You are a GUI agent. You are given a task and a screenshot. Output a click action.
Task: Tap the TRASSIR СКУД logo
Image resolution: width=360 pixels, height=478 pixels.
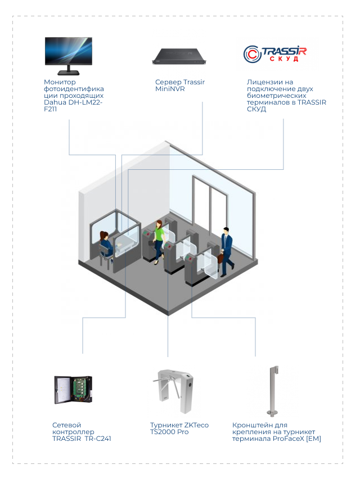pyautogui.click(x=274, y=54)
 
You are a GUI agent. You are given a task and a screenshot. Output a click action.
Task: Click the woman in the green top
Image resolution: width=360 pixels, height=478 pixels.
pyautogui.click(x=159, y=239)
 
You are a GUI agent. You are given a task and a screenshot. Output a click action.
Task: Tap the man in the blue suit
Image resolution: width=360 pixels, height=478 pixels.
pyautogui.click(x=226, y=250)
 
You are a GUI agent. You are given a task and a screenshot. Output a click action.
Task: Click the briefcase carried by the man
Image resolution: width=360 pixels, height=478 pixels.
pyautogui.click(x=222, y=258)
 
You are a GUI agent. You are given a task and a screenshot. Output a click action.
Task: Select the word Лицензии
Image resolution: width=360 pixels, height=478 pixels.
pyautogui.click(x=262, y=82)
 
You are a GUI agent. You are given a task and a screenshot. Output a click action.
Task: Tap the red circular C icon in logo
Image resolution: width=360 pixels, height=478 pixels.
pyautogui.click(x=251, y=54)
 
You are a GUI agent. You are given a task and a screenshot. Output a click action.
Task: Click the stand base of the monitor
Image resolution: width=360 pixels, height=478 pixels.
pyautogui.click(x=69, y=73)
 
